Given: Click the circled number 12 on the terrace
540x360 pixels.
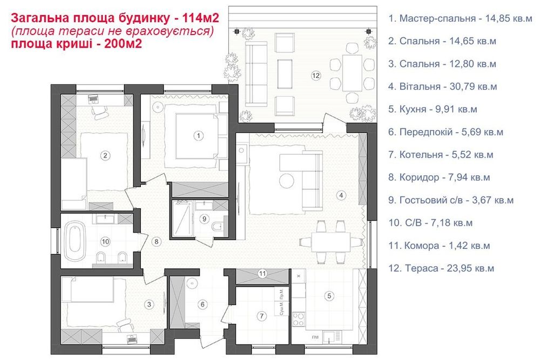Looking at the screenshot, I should point(316,76).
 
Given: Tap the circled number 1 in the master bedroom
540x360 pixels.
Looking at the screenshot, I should point(199,135).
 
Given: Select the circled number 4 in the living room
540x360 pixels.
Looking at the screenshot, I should point(341,194).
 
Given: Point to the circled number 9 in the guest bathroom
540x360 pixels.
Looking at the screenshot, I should point(204,219).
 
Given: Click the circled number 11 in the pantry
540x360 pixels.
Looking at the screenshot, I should point(262,273).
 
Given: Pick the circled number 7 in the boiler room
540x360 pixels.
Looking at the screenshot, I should point(261,315).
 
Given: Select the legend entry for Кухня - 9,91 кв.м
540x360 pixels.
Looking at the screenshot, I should point(433,109).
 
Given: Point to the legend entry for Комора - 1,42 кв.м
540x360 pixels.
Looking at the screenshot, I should point(439,246).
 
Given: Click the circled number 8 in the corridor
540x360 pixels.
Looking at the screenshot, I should point(156,241).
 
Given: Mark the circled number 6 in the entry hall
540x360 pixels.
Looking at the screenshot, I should point(202,304).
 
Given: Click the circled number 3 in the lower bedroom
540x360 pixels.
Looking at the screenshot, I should point(149,304).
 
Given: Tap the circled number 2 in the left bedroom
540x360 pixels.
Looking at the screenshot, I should point(106,156).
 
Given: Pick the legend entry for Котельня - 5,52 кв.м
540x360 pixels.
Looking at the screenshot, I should point(441,154).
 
